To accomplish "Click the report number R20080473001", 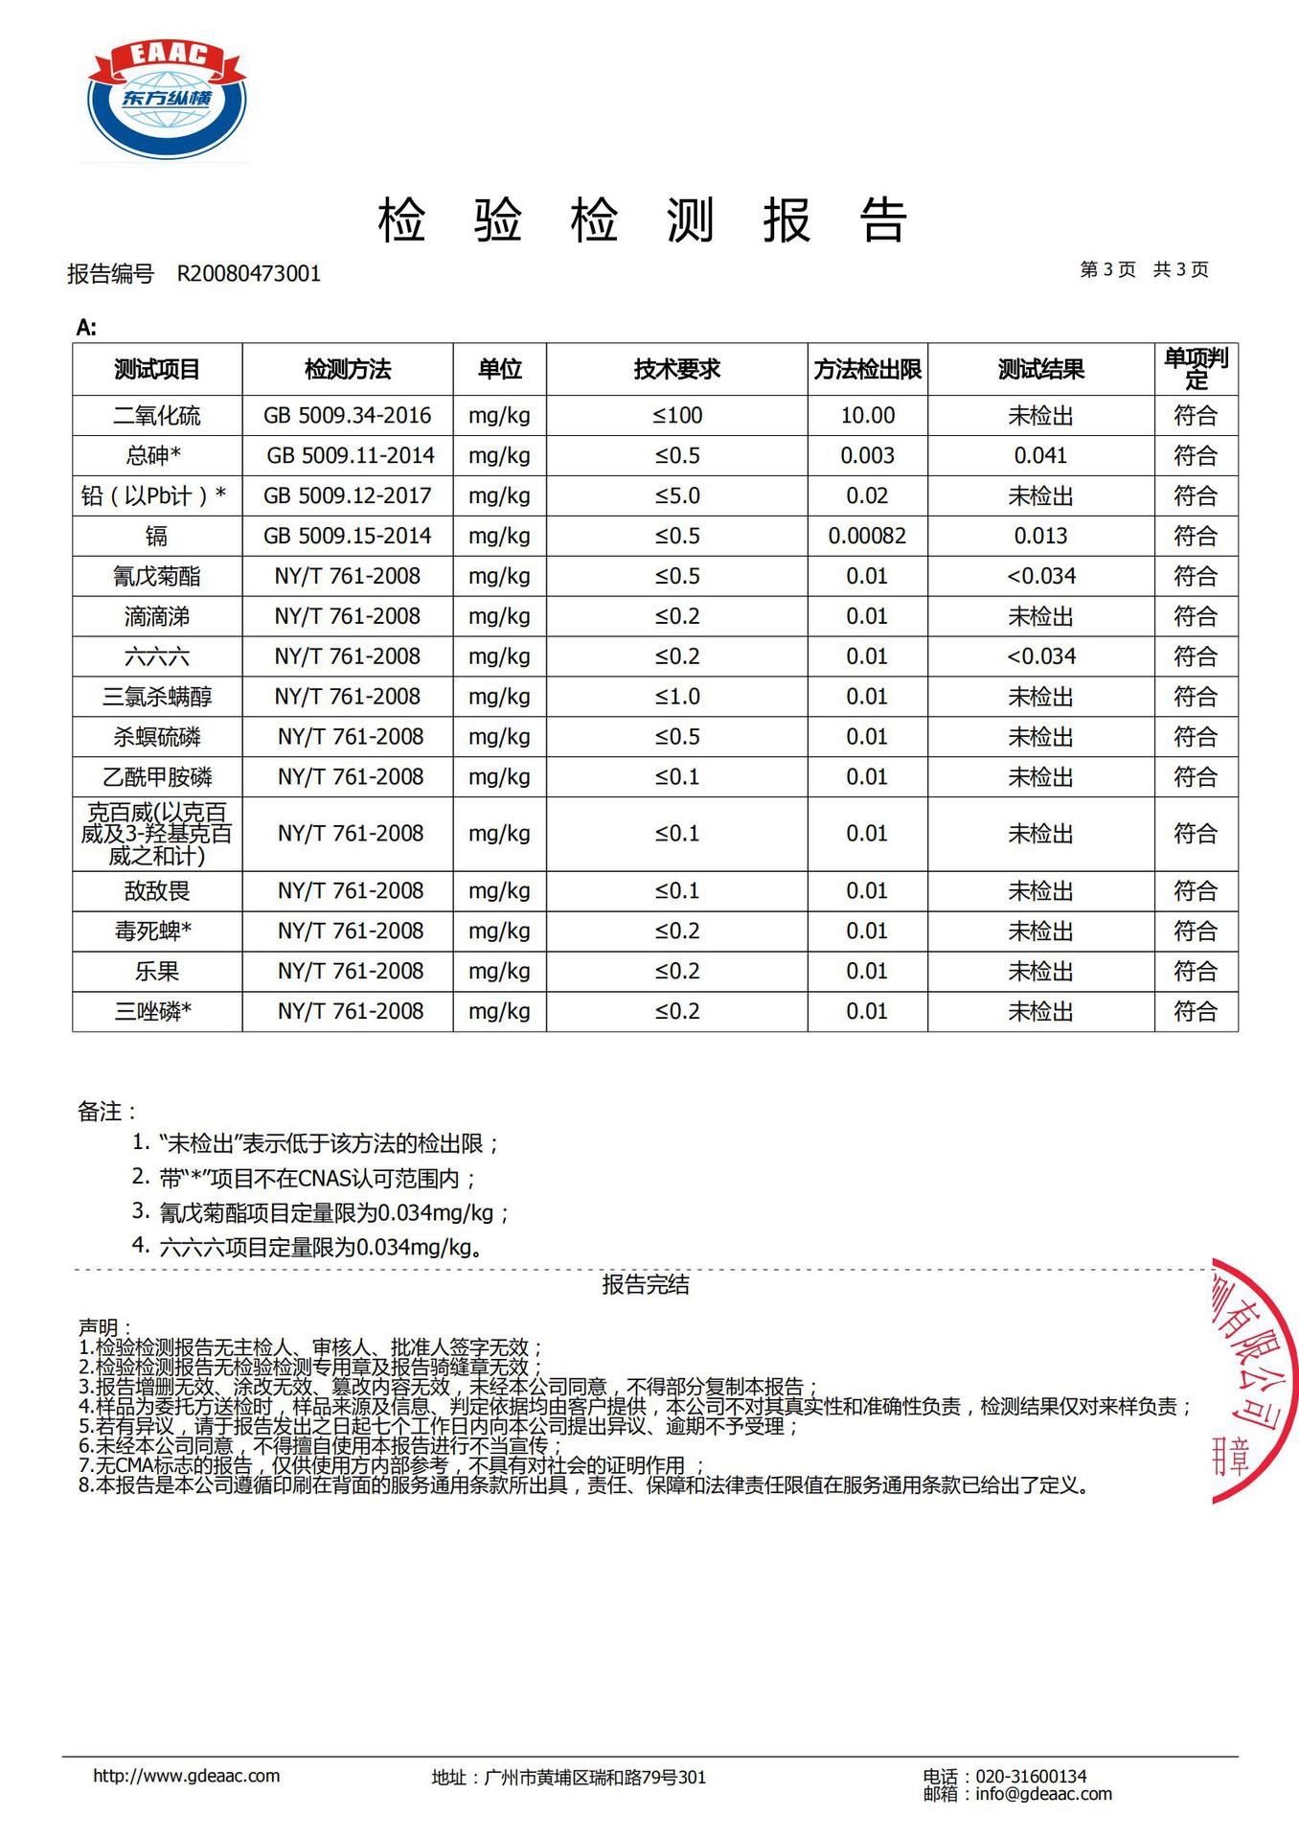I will [x=249, y=274].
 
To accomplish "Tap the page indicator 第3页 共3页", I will [x=1144, y=270].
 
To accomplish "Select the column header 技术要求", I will [x=676, y=370].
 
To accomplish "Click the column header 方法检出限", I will [x=867, y=370].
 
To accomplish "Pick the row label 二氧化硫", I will [x=157, y=416].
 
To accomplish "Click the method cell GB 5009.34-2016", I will [x=348, y=416].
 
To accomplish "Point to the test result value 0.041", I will [x=1040, y=456].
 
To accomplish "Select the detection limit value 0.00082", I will [x=867, y=537].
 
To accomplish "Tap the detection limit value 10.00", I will [x=867, y=416].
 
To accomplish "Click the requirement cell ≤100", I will [x=677, y=416].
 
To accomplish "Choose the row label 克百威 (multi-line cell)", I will [x=157, y=834].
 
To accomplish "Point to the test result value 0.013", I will [x=1040, y=537].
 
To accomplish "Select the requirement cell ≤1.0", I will [x=677, y=698].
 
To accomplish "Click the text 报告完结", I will [x=646, y=1285].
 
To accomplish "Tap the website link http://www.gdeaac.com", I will [x=187, y=1776].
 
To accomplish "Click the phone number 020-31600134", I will [x=1031, y=1776].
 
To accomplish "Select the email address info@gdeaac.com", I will [x=1043, y=1794].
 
